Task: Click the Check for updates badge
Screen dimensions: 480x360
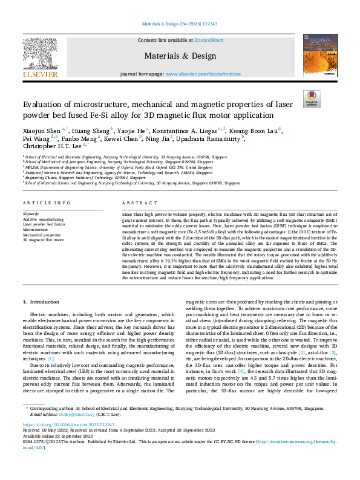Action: pos(312,98)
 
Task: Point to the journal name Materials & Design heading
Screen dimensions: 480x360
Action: pos(180,56)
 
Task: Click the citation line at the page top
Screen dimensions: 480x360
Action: pos(180,24)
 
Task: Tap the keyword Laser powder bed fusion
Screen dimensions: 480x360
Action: pos(44,224)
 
